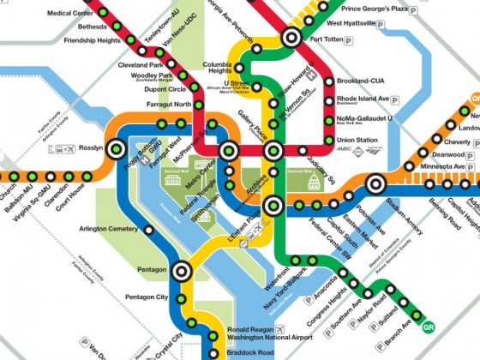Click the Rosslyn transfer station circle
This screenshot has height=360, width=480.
click(115, 147)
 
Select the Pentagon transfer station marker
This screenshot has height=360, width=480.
click(180, 271)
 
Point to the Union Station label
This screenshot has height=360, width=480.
click(357, 140)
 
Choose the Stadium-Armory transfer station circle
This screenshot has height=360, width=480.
click(375, 183)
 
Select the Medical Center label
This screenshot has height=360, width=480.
click(71, 14)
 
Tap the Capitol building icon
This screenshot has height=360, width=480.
click(313, 182)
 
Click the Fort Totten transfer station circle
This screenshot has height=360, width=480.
click(291, 37)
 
